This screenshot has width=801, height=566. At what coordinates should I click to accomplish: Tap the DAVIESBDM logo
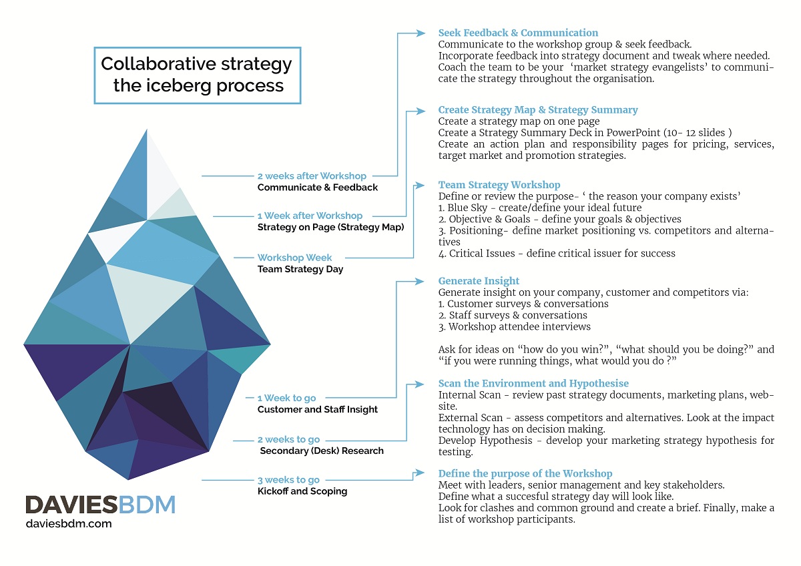click(x=100, y=505)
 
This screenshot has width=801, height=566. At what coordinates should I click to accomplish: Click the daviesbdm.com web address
click(x=68, y=524)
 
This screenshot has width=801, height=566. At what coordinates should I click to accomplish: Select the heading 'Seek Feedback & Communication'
click(x=518, y=33)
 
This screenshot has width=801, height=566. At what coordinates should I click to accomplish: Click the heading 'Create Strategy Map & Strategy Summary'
click(x=538, y=110)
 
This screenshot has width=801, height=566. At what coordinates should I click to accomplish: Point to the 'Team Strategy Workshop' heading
click(x=499, y=185)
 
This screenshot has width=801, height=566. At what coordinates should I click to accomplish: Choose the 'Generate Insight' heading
click(x=479, y=281)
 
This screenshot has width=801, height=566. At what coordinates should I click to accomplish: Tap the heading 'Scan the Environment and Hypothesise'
click(x=533, y=384)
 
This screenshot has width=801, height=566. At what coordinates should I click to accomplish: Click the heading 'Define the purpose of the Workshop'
click(x=525, y=474)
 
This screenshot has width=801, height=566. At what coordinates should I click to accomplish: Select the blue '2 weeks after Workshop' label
click(x=312, y=176)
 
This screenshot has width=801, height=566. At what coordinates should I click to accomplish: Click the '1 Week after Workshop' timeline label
click(x=310, y=216)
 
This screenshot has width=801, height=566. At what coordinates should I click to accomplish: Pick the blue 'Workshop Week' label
click(x=294, y=258)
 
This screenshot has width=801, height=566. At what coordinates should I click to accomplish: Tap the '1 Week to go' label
click(x=287, y=398)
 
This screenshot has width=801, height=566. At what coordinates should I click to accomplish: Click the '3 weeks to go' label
click(x=288, y=480)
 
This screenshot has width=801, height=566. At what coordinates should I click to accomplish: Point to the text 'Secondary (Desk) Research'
click(x=322, y=451)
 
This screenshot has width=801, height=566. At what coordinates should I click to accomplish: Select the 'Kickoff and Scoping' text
click(x=302, y=491)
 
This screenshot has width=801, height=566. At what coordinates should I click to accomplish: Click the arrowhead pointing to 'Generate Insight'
click(x=421, y=281)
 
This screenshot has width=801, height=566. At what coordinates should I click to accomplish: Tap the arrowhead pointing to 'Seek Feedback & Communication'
click(x=421, y=33)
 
